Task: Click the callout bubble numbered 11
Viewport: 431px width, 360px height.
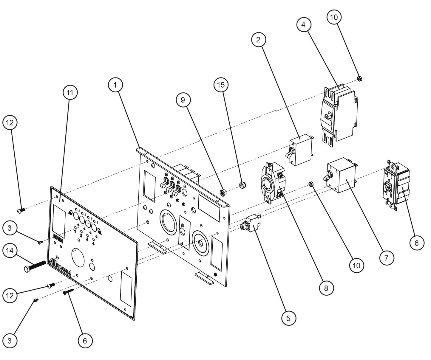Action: (x=69, y=93)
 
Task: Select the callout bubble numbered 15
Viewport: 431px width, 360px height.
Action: (x=221, y=85)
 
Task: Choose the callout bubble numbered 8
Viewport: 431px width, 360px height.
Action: (x=326, y=288)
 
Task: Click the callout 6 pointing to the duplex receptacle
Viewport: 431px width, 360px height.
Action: (x=416, y=243)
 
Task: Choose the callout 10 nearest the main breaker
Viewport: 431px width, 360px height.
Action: (x=334, y=17)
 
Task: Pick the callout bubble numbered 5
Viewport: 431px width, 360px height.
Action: (x=288, y=318)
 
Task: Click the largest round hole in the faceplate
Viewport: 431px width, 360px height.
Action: (x=78, y=256)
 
